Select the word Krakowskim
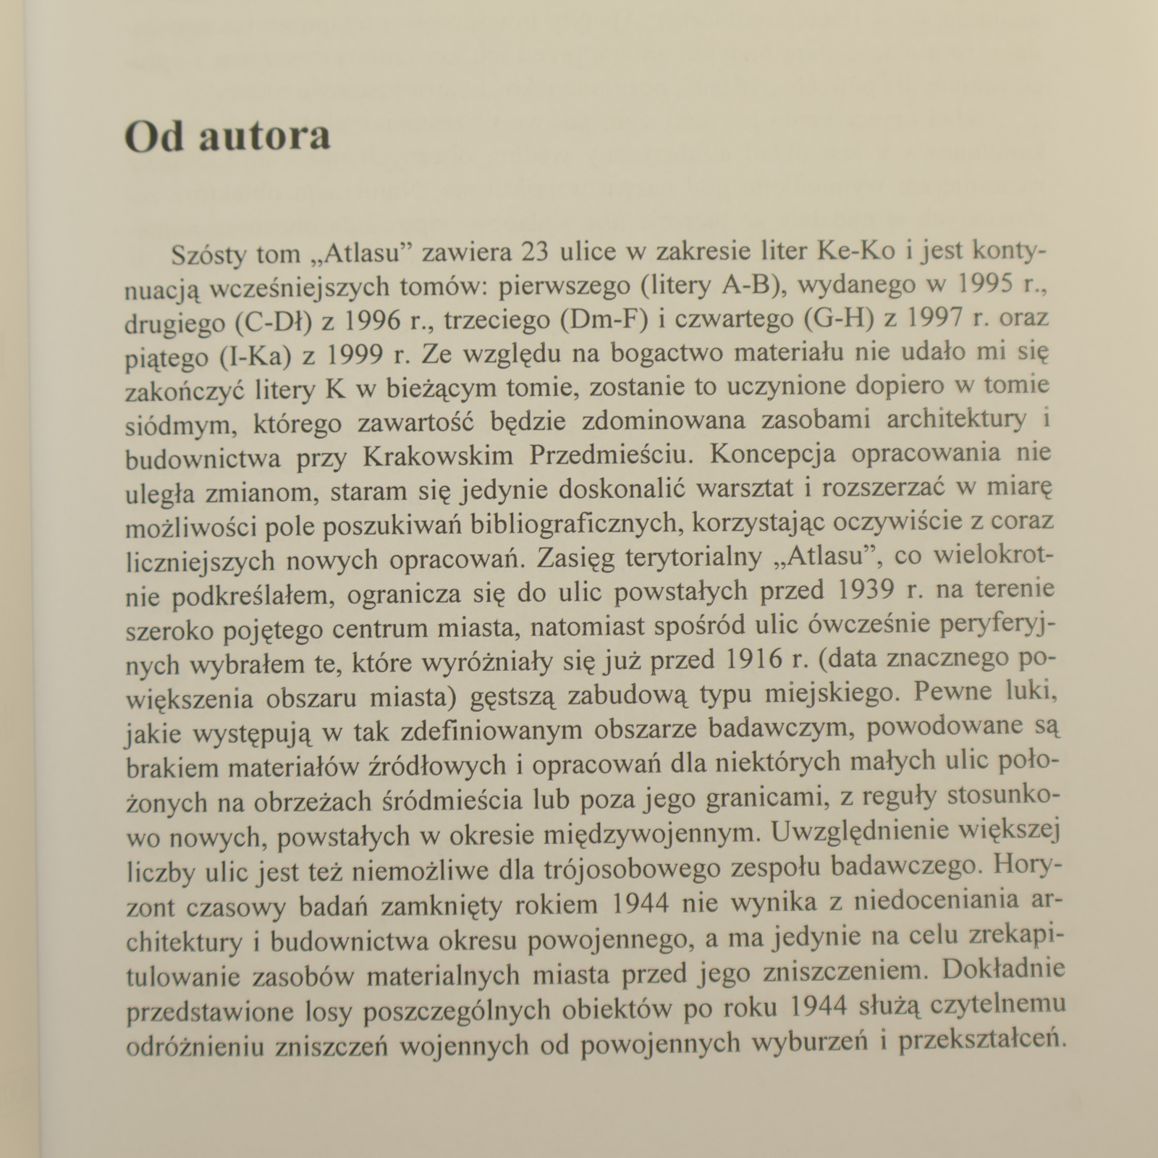tap(439, 456)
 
